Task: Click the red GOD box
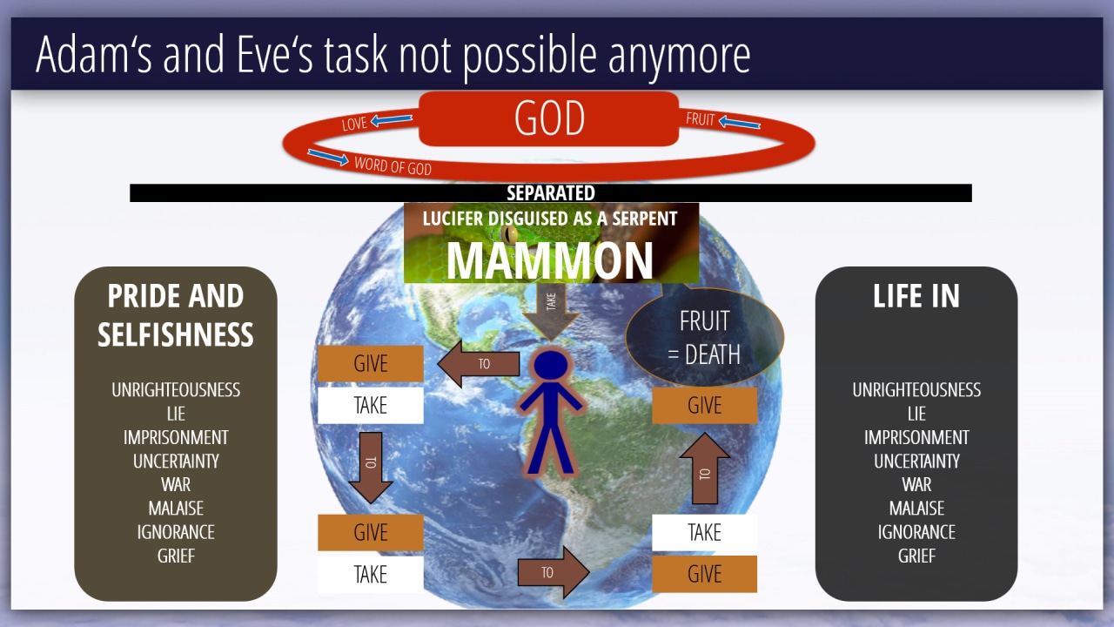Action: [x=549, y=118]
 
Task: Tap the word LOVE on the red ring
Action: [x=354, y=124]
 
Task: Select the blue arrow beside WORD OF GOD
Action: [x=328, y=157]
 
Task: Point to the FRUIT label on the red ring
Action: [x=701, y=119]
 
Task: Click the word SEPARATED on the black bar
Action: [x=551, y=193]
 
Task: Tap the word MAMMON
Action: [x=549, y=260]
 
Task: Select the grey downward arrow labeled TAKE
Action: [x=551, y=312]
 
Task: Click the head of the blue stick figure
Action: [x=551, y=366]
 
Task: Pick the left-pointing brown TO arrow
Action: [x=479, y=364]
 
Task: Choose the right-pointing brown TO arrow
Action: [x=554, y=572]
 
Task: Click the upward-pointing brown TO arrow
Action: [x=705, y=469]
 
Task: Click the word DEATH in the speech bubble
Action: [x=713, y=354]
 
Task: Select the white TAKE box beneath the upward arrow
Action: [x=704, y=532]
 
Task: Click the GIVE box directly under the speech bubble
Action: [x=704, y=406]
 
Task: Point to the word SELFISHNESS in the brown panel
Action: [x=176, y=334]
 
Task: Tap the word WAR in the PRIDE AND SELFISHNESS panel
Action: [x=176, y=484]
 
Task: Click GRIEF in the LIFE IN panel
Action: [x=916, y=556]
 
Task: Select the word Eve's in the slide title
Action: [x=274, y=54]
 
